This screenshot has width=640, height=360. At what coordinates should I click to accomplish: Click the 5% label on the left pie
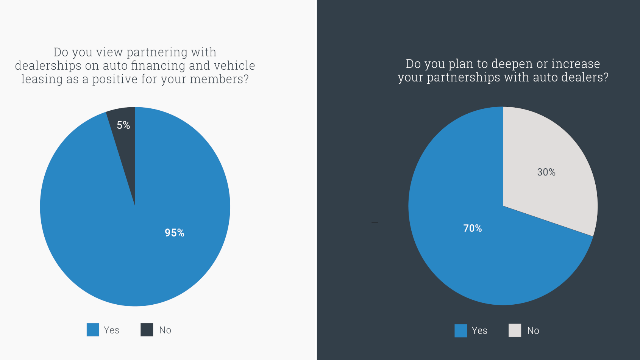point(123,125)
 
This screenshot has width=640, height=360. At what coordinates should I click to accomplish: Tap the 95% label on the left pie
point(174,233)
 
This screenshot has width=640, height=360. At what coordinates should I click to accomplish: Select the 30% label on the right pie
point(546,172)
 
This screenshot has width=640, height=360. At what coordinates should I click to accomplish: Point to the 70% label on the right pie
point(473,228)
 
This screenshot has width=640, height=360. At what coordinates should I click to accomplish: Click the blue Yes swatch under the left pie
point(93,330)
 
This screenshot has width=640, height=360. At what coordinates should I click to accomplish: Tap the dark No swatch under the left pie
point(147,330)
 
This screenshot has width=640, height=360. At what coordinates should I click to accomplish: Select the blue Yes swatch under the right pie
point(461,330)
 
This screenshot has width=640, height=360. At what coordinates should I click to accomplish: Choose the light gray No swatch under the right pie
point(515,330)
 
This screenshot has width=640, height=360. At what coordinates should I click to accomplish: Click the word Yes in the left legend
point(111,330)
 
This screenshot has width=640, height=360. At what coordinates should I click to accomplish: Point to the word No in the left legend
point(165,330)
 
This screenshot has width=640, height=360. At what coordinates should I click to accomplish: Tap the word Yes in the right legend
point(479,331)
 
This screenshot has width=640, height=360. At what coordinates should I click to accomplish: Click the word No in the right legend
point(533,331)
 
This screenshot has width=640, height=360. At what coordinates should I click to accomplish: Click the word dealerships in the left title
point(48,66)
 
